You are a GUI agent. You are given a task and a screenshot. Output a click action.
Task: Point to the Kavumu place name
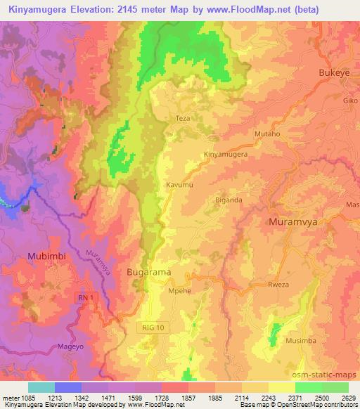coord(179,184)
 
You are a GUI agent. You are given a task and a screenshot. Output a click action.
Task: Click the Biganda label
coord(229,200)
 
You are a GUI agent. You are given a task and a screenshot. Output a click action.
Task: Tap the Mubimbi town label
coord(47,257)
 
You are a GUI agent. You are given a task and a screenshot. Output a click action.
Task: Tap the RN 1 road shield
coord(85,299)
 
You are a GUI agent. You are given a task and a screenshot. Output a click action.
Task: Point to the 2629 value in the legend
coord(349,399)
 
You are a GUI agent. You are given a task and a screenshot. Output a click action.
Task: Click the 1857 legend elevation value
coord(188,399)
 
